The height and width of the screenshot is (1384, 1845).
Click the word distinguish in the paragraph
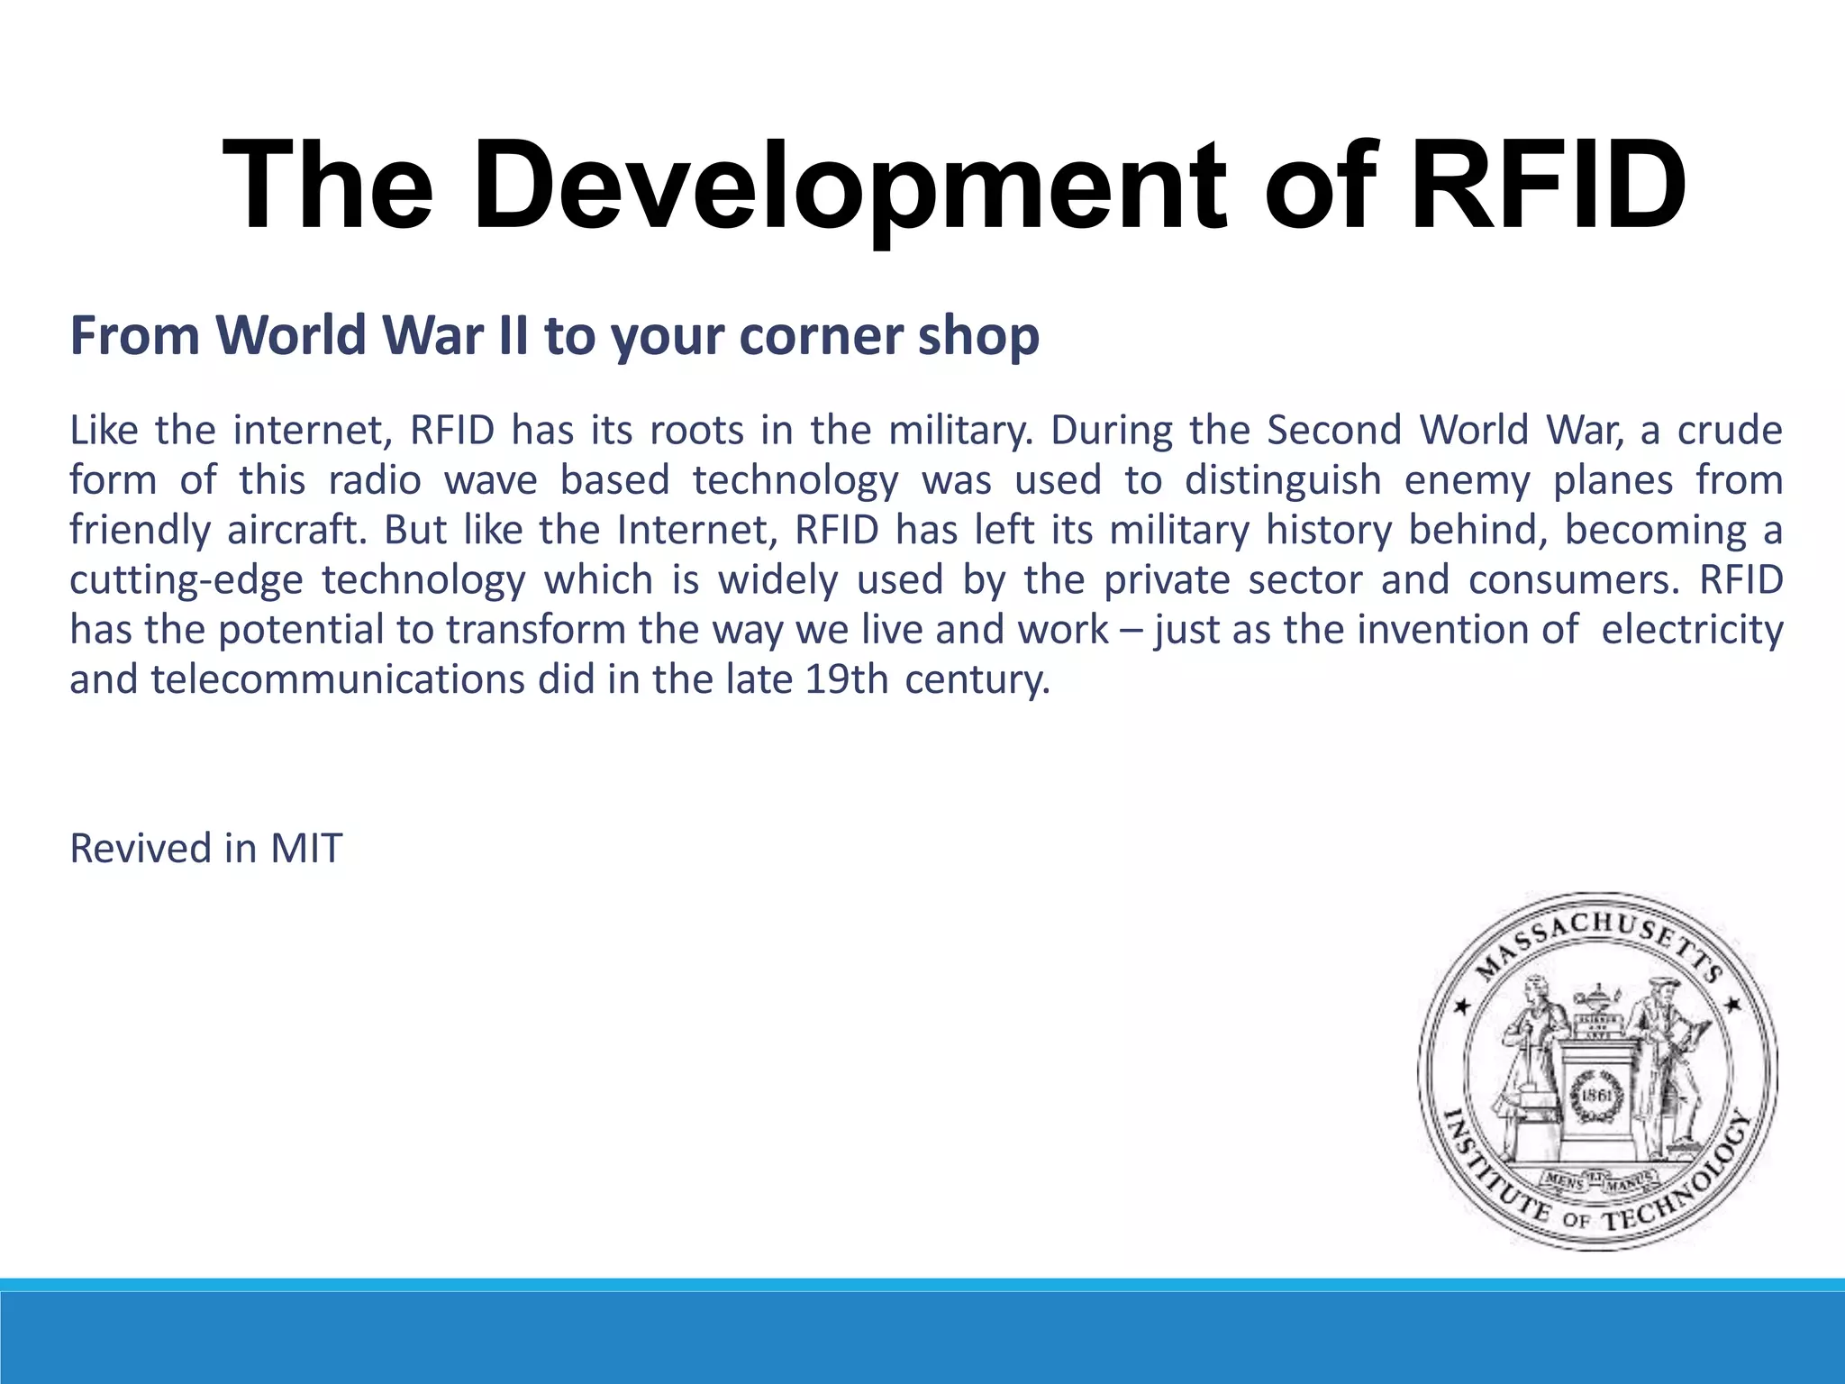pos(1282,480)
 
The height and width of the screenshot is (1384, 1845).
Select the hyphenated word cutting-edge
pos(186,580)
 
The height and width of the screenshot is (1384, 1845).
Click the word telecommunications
pos(337,679)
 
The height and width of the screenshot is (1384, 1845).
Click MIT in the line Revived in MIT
pos(306,849)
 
